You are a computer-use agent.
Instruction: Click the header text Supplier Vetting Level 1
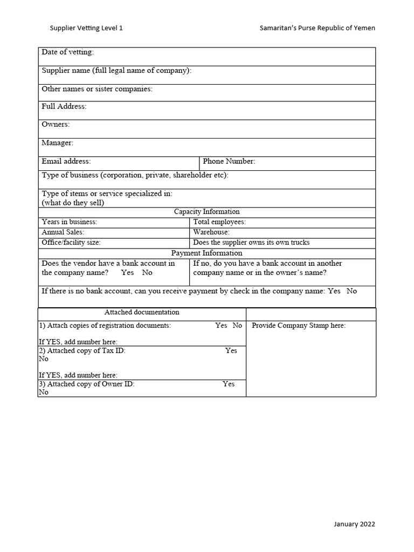pos(86,27)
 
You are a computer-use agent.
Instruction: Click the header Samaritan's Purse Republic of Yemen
pos(318,27)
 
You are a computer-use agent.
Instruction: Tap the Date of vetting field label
pos(67,52)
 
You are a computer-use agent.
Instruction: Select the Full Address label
pos(64,107)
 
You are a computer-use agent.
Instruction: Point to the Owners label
pos(56,125)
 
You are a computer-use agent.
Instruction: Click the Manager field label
pos(57,143)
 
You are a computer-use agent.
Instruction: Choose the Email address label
pos(66,161)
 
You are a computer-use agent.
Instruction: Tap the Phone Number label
pos(229,161)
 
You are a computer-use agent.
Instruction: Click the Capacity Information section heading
pos(206,212)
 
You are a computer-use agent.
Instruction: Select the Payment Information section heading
pos(206,253)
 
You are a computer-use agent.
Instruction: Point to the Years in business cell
pos(70,222)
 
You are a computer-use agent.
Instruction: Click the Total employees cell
pos(219,222)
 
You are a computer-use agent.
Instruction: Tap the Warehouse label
pos(211,232)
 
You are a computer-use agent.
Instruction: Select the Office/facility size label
pos(71,243)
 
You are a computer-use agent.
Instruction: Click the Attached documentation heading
pos(142,312)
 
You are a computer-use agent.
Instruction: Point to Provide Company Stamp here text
pos(299,326)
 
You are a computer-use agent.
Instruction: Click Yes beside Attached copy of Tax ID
pos(231,350)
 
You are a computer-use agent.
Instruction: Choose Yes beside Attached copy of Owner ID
pos(229,384)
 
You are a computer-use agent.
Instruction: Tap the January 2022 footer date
pos(355,524)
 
